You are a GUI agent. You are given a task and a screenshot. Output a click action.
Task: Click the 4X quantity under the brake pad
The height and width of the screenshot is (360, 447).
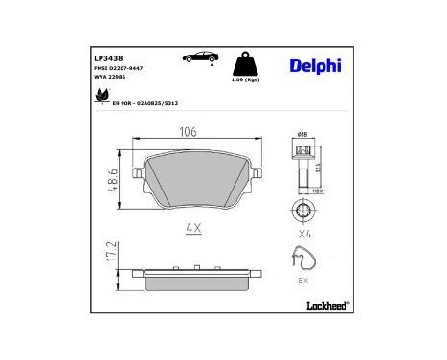click(x=191, y=229)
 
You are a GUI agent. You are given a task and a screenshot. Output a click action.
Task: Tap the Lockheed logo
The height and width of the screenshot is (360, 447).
click(x=324, y=306)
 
